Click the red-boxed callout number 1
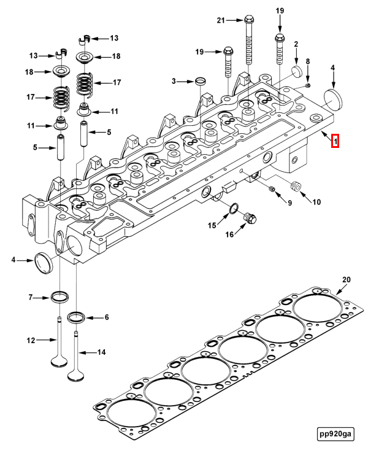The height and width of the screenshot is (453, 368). point(335,141)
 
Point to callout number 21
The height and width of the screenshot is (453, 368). point(221,20)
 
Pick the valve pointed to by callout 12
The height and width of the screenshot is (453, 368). point(59,347)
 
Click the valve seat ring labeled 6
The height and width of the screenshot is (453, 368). point(77,318)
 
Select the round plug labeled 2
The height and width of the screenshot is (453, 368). point(297,71)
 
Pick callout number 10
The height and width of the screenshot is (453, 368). point(316,202)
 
